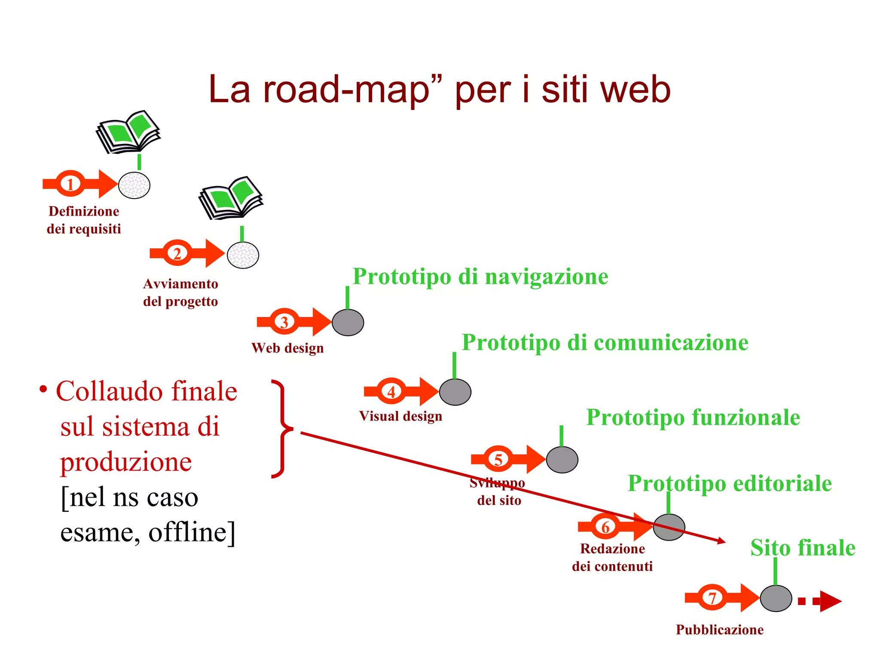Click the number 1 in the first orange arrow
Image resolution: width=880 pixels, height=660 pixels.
(x=70, y=184)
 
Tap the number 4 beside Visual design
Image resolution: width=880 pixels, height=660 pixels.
(x=391, y=391)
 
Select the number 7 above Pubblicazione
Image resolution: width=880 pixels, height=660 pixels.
(x=712, y=598)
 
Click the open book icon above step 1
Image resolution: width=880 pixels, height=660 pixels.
(x=128, y=131)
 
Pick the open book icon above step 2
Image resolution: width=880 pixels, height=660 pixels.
(x=231, y=198)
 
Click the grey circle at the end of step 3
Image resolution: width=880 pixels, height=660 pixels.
(x=348, y=322)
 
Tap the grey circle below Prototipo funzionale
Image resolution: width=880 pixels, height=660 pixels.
(x=562, y=460)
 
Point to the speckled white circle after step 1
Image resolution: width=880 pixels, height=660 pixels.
(x=134, y=185)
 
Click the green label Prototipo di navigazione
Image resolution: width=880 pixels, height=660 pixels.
(x=480, y=276)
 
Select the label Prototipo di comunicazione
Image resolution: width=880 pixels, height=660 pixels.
(x=605, y=342)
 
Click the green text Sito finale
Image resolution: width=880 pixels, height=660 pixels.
(x=803, y=548)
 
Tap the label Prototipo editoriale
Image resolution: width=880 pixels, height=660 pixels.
(x=730, y=483)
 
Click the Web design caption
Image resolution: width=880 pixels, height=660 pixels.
(x=287, y=348)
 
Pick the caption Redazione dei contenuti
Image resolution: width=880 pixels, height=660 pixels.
(x=612, y=557)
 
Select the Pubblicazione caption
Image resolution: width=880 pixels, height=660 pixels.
(x=720, y=629)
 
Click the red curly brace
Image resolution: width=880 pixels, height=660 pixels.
(x=282, y=429)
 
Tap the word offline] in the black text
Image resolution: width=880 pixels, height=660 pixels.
(x=192, y=532)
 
